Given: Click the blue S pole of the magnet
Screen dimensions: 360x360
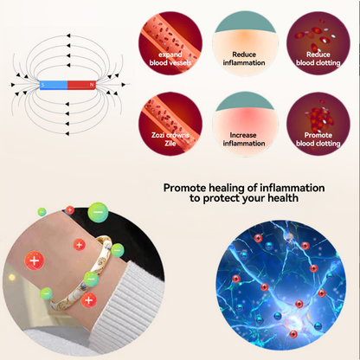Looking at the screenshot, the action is [x=54, y=85].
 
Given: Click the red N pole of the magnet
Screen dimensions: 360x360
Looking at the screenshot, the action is [x=81, y=85].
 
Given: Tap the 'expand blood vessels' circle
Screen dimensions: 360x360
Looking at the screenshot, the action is [x=170, y=43].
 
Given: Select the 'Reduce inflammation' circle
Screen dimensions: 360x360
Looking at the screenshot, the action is [x=244, y=43].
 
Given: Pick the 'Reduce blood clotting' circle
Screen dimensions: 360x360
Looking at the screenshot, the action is [x=318, y=43].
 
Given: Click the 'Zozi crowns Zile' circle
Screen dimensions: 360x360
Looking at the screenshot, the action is [x=170, y=124].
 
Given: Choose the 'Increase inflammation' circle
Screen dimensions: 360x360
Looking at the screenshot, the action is [x=244, y=124].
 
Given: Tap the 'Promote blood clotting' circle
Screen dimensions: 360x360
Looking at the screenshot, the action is [x=318, y=124].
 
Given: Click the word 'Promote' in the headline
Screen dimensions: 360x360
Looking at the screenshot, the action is [x=184, y=188].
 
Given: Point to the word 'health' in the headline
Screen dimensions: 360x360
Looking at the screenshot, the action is [x=283, y=198].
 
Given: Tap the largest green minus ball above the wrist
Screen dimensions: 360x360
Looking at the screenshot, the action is [x=98, y=213].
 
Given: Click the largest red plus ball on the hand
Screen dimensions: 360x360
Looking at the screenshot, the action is [x=35, y=260].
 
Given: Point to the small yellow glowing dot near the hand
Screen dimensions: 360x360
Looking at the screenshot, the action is [x=11, y=278].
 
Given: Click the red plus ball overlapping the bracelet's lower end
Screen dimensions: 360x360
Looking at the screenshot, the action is [x=89, y=300].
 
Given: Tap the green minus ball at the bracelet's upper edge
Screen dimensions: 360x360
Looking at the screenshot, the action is [x=118, y=250].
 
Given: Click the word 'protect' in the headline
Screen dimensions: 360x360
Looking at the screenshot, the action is [x=222, y=199].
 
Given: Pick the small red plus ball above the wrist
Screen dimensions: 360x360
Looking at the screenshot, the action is [x=70, y=210].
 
